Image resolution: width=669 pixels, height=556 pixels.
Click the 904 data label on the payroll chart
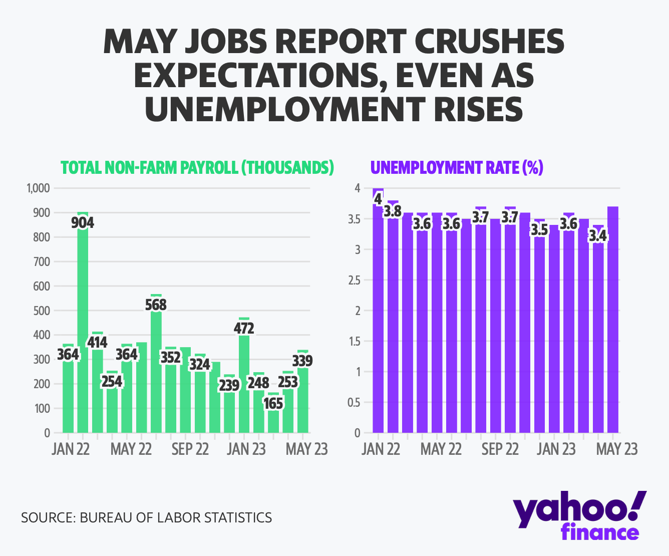point(83,222)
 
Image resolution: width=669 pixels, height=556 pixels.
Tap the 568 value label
point(156,305)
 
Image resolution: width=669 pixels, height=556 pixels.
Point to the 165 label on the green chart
point(273,403)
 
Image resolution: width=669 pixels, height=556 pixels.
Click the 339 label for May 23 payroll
point(302,361)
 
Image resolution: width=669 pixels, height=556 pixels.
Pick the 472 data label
point(244,329)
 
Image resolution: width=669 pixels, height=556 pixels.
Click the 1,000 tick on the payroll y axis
point(38,188)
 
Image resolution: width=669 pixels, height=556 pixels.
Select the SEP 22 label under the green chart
point(190,449)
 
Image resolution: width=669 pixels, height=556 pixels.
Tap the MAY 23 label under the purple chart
point(616,449)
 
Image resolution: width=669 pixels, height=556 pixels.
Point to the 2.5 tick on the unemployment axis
point(354,280)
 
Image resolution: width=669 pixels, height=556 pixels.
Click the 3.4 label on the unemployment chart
point(598,235)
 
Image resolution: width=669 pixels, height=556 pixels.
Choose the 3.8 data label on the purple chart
point(393,211)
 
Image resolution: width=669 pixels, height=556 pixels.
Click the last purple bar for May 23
point(613,321)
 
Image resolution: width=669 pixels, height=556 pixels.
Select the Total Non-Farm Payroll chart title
point(197,167)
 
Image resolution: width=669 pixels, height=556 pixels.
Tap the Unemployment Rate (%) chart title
point(457,167)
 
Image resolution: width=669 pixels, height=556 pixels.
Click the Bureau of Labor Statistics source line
point(146,517)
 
